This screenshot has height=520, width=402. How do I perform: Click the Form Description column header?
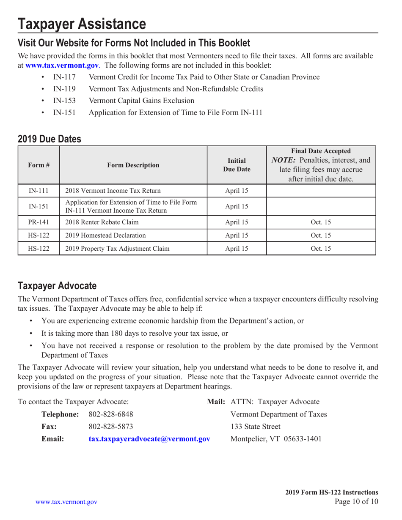click(133, 165)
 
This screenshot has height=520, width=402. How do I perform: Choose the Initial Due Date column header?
click(236, 165)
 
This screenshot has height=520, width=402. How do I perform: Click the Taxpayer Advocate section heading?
click(57, 285)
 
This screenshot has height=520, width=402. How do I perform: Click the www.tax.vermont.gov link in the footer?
click(66, 502)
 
